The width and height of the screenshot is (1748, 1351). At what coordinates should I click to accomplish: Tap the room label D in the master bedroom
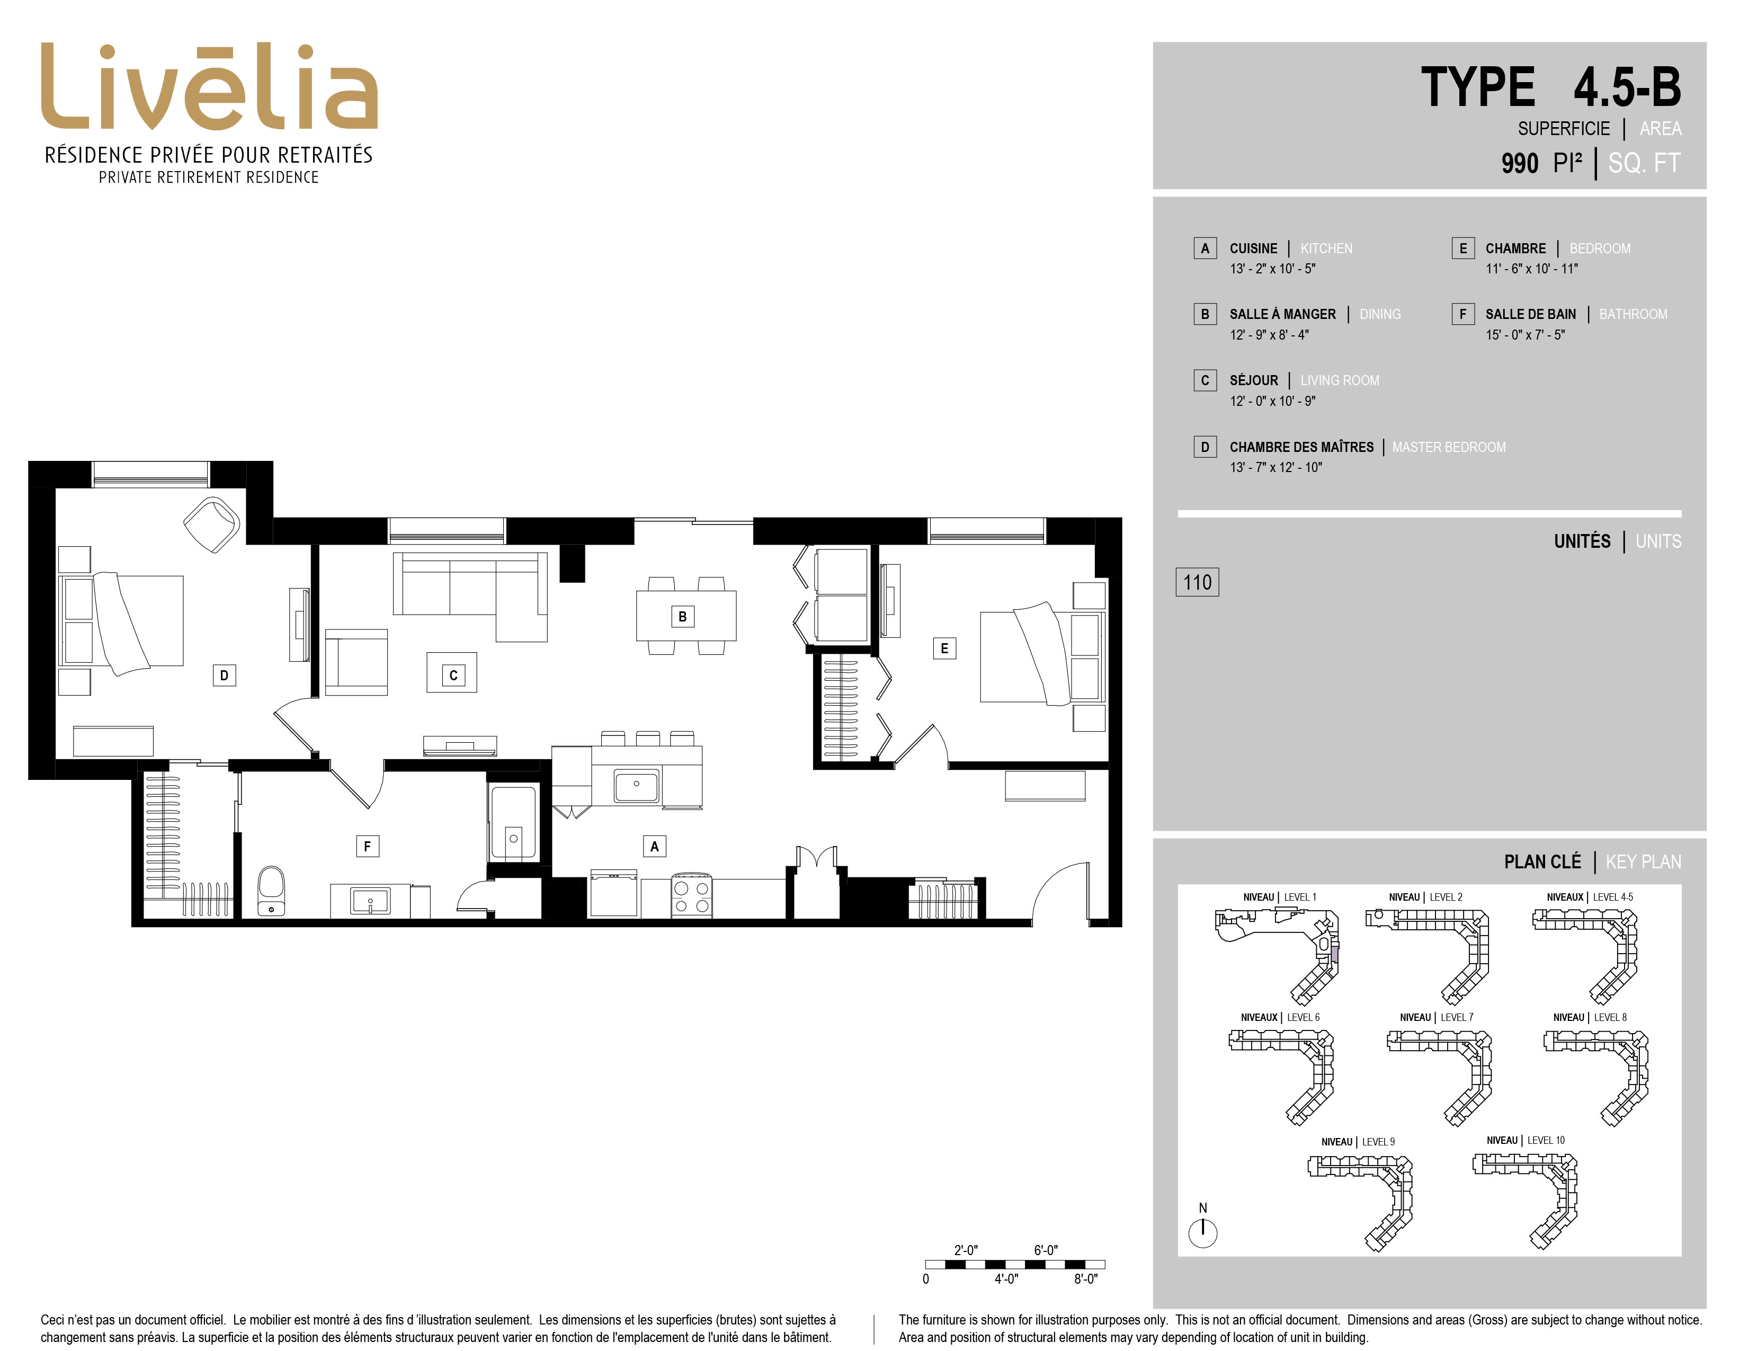(224, 675)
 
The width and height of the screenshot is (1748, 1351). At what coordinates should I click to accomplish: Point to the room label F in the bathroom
(368, 846)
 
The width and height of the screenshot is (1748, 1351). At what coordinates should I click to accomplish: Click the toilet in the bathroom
(271, 890)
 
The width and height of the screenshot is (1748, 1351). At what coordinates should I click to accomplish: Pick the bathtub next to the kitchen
(513, 823)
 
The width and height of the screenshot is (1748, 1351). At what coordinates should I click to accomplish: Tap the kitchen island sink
(636, 785)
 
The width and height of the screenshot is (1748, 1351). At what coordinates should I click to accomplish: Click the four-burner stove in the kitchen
(691, 895)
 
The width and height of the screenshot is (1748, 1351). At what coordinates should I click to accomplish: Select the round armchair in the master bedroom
(212, 524)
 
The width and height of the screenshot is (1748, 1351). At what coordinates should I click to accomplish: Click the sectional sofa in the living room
(470, 596)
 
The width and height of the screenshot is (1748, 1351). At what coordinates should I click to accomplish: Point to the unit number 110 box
(1197, 582)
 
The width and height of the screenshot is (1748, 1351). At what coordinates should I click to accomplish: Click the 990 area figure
(1520, 163)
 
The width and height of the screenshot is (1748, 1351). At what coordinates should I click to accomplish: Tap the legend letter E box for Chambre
(1463, 248)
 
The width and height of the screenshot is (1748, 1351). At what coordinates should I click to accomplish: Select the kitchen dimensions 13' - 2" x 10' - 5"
(1272, 269)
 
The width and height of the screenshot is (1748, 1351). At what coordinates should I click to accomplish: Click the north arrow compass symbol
(1203, 1232)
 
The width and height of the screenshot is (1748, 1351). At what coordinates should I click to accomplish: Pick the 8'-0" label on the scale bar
(1085, 1279)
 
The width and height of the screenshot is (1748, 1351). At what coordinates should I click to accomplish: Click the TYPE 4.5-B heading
(1551, 87)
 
